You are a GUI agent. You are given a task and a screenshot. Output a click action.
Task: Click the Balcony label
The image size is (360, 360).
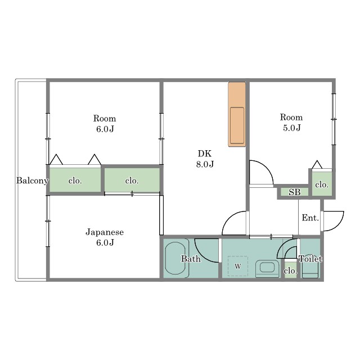tap(32, 181)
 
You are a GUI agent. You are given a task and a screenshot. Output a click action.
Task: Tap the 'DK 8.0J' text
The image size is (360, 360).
tap(205, 159)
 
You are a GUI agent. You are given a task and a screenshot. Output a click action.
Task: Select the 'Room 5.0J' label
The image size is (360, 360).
tap(291, 123)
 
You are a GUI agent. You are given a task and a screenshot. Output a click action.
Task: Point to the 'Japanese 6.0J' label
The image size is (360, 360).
tap(105, 237)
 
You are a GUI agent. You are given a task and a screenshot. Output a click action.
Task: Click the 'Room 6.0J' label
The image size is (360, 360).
tap(105, 124)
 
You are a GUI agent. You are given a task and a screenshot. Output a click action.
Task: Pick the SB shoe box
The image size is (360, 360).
tap(294, 192)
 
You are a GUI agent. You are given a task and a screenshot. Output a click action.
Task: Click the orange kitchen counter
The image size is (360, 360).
tap(237, 114)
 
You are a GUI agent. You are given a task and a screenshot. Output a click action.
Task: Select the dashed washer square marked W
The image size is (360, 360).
tap(237, 266)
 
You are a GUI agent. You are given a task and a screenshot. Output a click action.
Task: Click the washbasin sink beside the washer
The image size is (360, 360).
tap(267, 268)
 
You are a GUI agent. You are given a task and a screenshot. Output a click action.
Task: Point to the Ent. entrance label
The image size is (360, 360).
tap(310, 218)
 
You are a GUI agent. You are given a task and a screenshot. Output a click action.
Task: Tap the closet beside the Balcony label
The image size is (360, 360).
tap(75, 180)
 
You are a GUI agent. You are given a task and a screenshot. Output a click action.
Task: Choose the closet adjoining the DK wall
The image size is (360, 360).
tap(132, 180)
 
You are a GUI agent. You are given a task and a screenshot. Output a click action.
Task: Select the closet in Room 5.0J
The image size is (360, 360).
tap(322, 183)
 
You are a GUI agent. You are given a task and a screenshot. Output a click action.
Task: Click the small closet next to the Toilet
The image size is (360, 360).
tap(290, 270)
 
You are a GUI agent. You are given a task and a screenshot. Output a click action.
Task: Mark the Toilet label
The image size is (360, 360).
tap(310, 259)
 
